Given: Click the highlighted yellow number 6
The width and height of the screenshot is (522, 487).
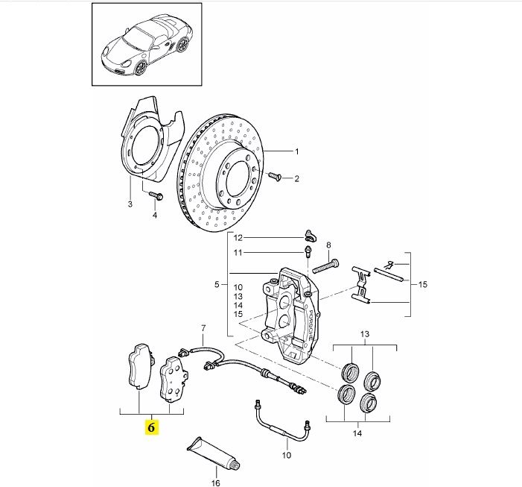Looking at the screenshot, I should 151,427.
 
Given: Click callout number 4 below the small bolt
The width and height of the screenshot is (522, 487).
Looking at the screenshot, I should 155,216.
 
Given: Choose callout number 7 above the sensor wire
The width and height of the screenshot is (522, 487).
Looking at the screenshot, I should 201,329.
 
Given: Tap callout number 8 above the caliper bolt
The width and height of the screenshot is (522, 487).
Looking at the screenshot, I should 328,245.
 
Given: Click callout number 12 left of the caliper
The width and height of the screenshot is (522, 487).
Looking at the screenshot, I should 238,238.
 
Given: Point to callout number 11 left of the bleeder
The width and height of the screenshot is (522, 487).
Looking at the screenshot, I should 238,253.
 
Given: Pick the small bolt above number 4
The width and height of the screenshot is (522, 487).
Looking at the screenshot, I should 155,195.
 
